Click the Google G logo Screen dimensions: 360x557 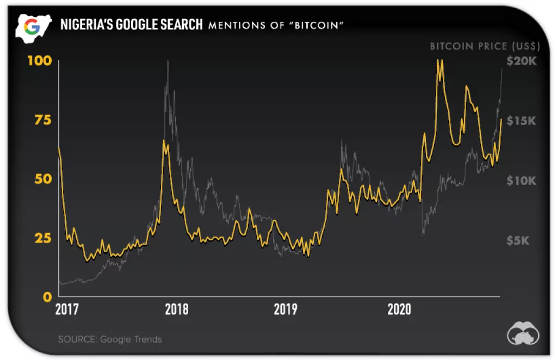click(32, 26)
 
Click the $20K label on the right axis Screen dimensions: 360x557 click(521, 61)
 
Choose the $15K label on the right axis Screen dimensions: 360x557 click(521, 121)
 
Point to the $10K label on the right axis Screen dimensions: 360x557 click(521, 181)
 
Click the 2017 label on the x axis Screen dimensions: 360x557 click(67, 310)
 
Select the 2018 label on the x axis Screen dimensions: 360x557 click(176, 310)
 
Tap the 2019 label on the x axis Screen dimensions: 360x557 click(286, 310)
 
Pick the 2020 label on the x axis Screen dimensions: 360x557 click(399, 310)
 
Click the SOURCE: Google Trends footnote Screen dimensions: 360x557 click(110, 339)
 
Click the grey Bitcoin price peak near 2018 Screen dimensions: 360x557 click(168, 61)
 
